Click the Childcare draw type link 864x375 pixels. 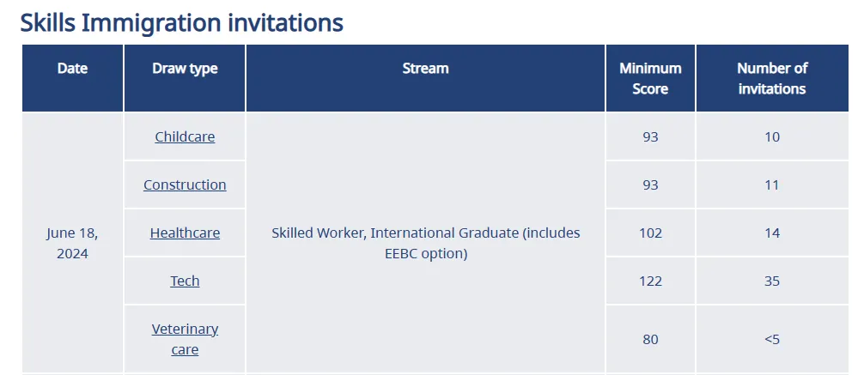coord(185,136)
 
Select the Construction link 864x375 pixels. coord(185,184)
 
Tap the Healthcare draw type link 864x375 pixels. coord(185,233)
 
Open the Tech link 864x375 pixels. coord(185,281)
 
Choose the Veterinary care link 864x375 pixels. coord(185,339)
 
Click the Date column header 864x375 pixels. coord(72,69)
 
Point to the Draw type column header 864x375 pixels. coord(185,69)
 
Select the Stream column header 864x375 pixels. coord(425,69)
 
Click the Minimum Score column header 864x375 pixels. coord(650,79)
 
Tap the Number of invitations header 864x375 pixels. coord(772,79)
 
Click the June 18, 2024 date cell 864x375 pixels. coord(72,244)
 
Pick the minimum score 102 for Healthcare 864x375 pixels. coord(650,233)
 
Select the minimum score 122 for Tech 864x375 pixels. coord(650,281)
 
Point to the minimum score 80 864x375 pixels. coord(650,339)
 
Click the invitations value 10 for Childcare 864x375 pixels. coord(772,136)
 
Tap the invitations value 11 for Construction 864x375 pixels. coord(772,184)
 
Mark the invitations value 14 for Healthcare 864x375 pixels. coord(772,233)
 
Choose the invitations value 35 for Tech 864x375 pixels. coord(772,281)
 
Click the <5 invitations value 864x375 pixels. coord(772,339)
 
